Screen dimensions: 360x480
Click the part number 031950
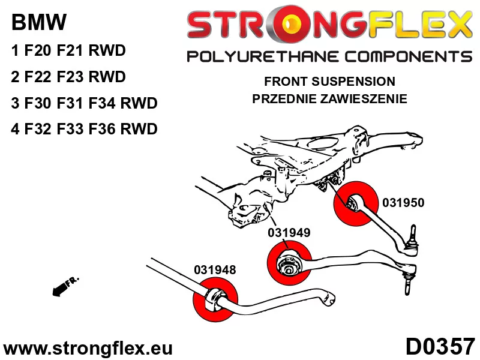coord(403,203)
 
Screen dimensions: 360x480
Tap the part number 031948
coord(214,270)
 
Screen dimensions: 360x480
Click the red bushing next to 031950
coord(355,202)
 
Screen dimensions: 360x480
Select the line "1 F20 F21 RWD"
coord(68,51)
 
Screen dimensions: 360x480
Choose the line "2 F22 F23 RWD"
coord(68,77)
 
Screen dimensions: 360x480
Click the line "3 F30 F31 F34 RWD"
coord(84,103)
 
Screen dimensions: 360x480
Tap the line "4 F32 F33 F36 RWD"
coord(84,129)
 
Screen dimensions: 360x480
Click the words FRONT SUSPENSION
coord(329,82)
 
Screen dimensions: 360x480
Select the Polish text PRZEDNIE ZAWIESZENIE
coord(329,98)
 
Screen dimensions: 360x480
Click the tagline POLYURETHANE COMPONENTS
coord(329,56)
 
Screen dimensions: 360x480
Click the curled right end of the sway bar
coord(329,296)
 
